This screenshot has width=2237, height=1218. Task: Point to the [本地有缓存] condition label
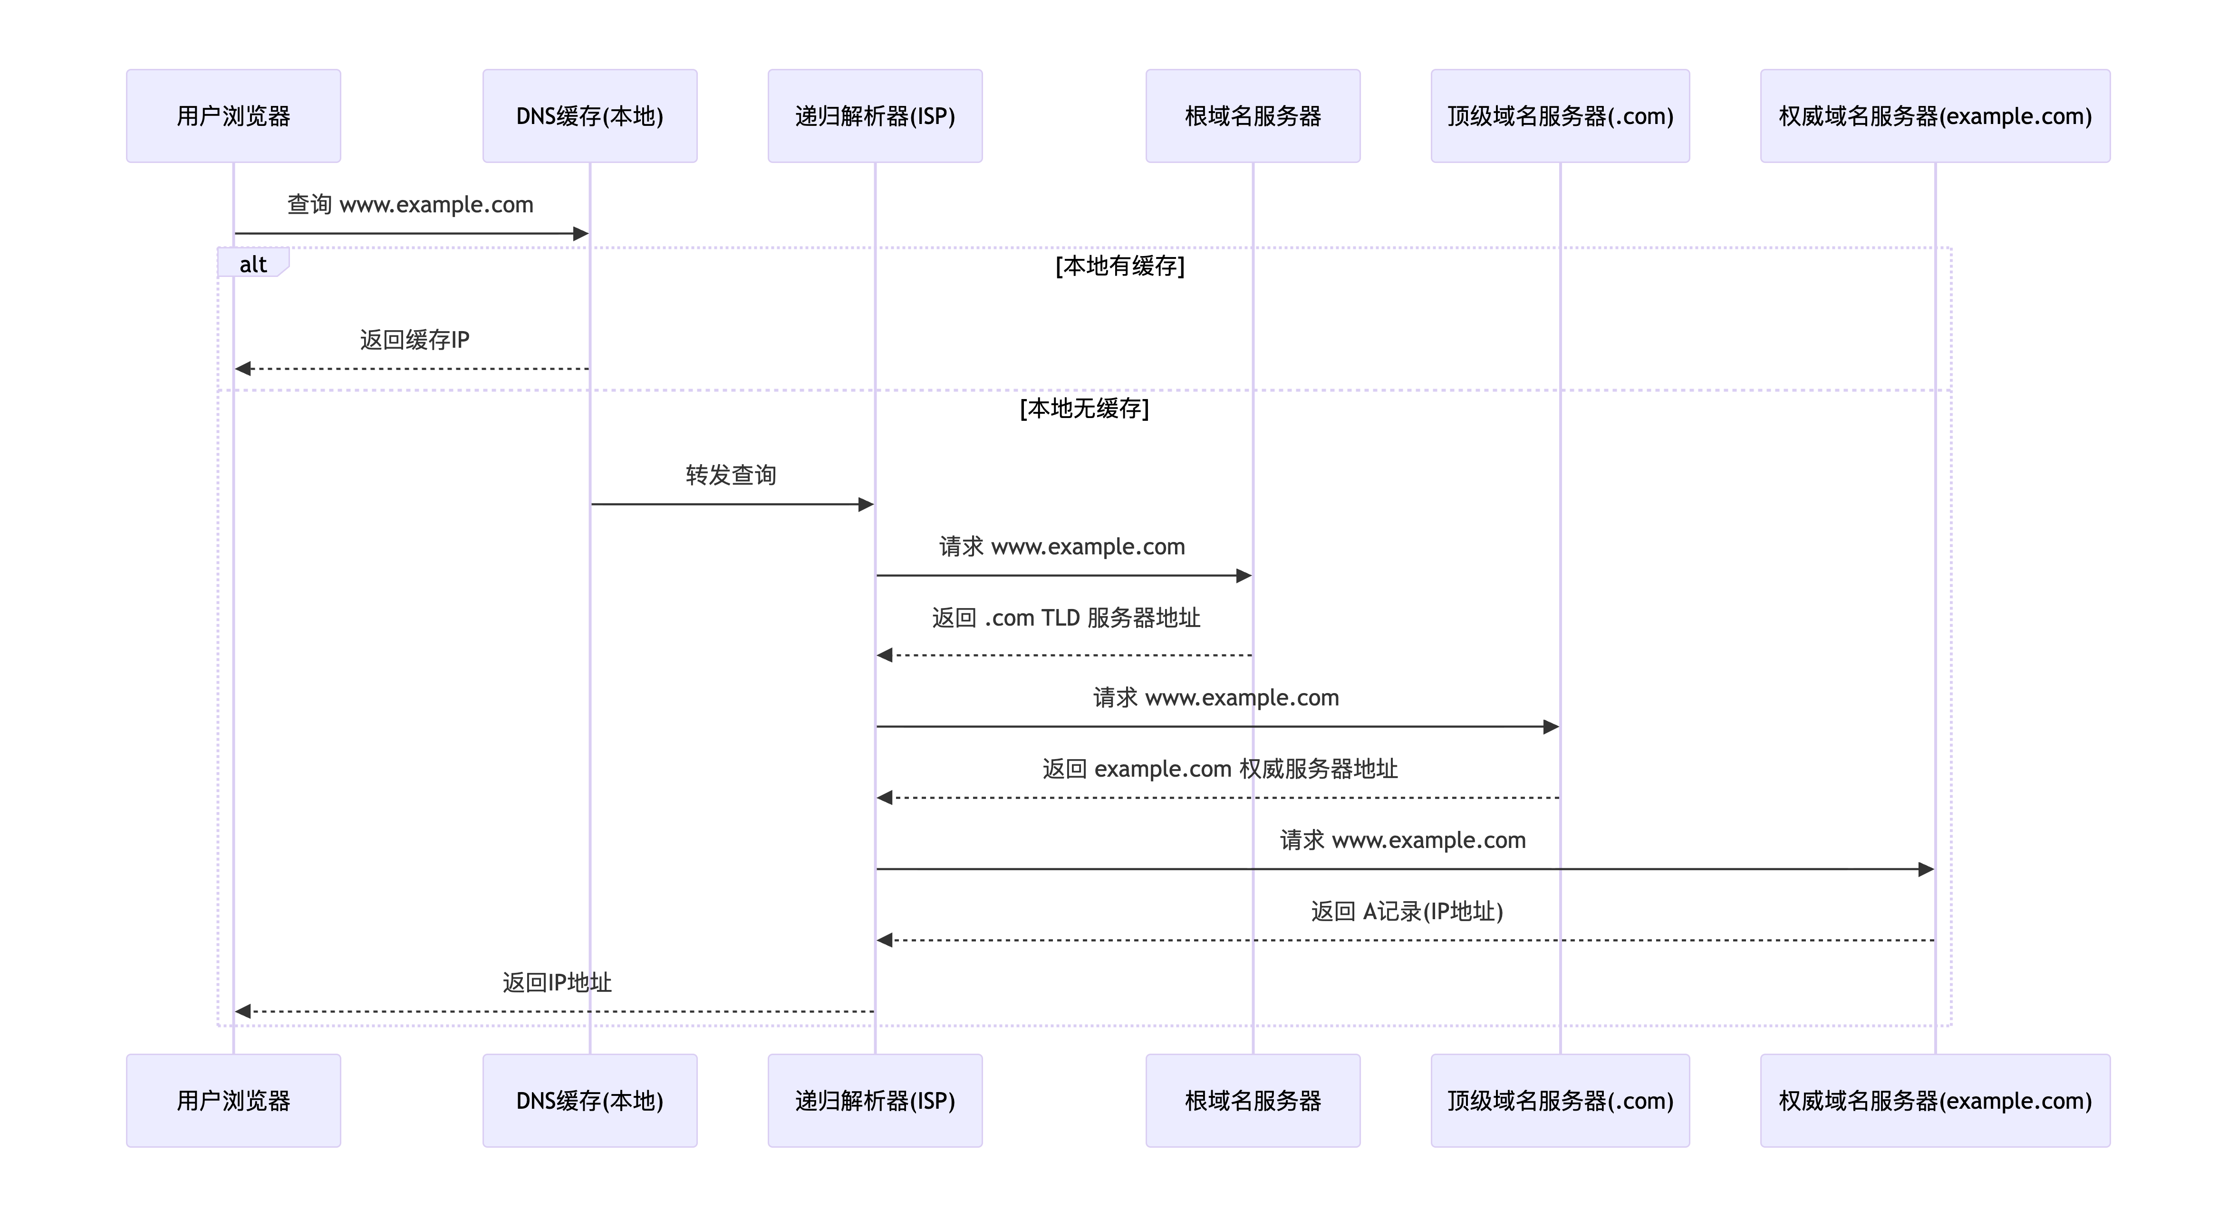point(1120,266)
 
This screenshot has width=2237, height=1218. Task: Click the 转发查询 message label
point(731,475)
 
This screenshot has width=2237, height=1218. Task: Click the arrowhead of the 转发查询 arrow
point(866,504)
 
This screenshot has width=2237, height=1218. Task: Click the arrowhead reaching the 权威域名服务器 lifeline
point(1926,869)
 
